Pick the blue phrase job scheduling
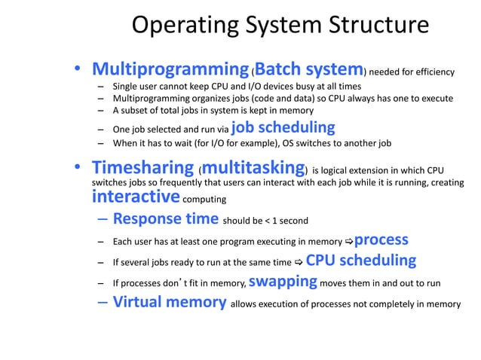click(283, 126)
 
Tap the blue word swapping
click(282, 282)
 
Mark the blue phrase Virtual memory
click(170, 303)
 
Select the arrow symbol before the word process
click(348, 242)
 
